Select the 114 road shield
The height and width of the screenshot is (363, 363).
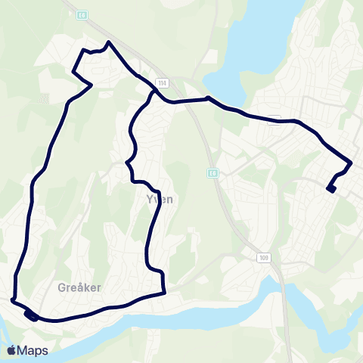click(x=162, y=82)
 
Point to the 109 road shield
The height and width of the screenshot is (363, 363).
click(x=262, y=257)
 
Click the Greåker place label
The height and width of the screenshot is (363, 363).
click(x=79, y=287)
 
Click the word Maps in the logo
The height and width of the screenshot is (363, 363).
click(x=33, y=350)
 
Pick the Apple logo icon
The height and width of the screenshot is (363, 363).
click(x=12, y=349)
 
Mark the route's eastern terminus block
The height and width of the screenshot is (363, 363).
click(x=330, y=189)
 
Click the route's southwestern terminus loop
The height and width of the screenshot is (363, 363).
click(x=29, y=315)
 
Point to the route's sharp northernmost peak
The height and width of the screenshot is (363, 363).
click(x=110, y=42)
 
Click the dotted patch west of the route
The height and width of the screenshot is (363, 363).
click(x=44, y=97)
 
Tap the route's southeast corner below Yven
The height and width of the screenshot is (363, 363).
click(x=164, y=293)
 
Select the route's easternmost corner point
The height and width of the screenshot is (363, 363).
click(x=352, y=163)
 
